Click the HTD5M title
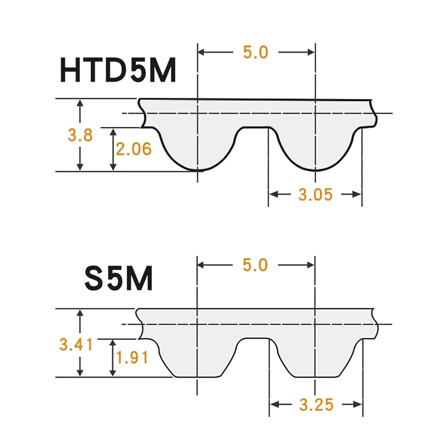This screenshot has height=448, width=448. pos(118,70)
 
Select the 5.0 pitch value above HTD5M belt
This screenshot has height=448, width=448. pos(256,52)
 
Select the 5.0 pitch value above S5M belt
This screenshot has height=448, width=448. pos(255,265)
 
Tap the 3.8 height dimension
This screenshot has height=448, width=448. pos(80,135)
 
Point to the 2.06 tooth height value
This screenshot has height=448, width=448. pos(134,149)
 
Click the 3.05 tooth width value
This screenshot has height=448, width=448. pos(315,194)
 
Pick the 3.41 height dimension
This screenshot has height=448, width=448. pos(76,344)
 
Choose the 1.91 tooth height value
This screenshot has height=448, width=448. pos(132,358)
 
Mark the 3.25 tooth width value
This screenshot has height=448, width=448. pos(316,405)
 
